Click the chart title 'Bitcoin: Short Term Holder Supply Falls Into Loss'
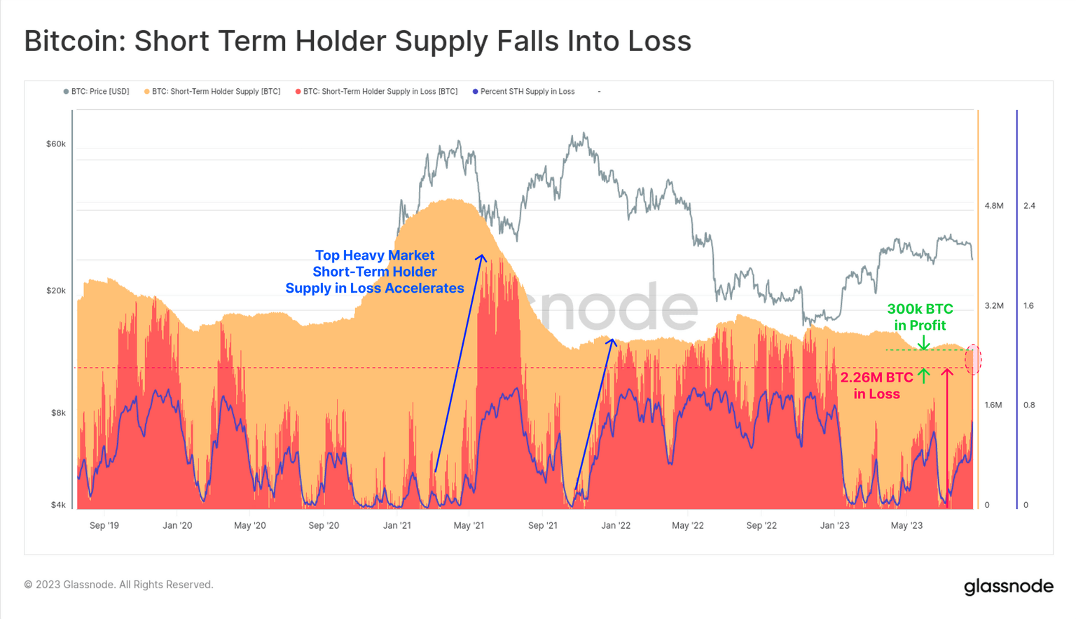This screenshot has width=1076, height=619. coord(357,41)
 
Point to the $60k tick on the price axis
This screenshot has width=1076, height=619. coord(56,144)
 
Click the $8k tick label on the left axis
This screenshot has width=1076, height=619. coord(58,413)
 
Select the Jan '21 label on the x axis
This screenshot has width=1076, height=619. coord(396,525)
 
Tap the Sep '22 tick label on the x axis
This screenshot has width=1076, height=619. coord(761,525)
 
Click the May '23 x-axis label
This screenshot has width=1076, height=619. coord(907,525)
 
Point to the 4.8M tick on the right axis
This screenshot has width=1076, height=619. coord(994,206)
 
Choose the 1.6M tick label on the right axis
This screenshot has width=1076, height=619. coord(994,405)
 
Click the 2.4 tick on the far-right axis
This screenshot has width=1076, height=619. coord(1029,206)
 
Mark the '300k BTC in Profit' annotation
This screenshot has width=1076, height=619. coord(920,317)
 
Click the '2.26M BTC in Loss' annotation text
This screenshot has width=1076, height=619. coord(876,386)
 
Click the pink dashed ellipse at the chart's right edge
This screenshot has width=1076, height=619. coord(973,359)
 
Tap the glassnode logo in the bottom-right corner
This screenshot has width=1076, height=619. coord(1008,586)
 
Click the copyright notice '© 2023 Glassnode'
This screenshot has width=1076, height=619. coord(118,585)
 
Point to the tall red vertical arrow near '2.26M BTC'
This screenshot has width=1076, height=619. coord(947,434)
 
